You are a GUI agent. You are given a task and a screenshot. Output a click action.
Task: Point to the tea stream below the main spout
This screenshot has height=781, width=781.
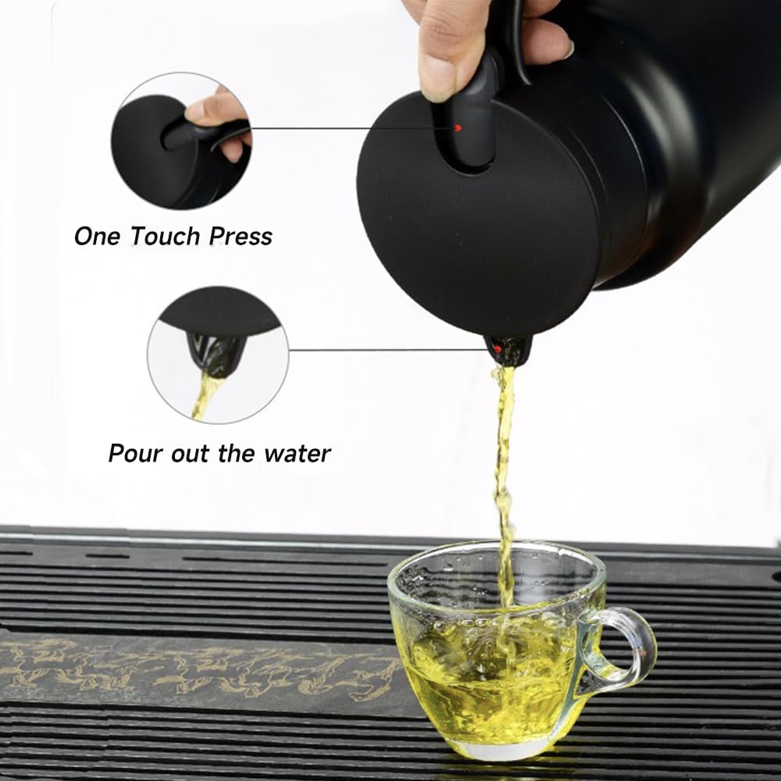click(504, 453)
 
